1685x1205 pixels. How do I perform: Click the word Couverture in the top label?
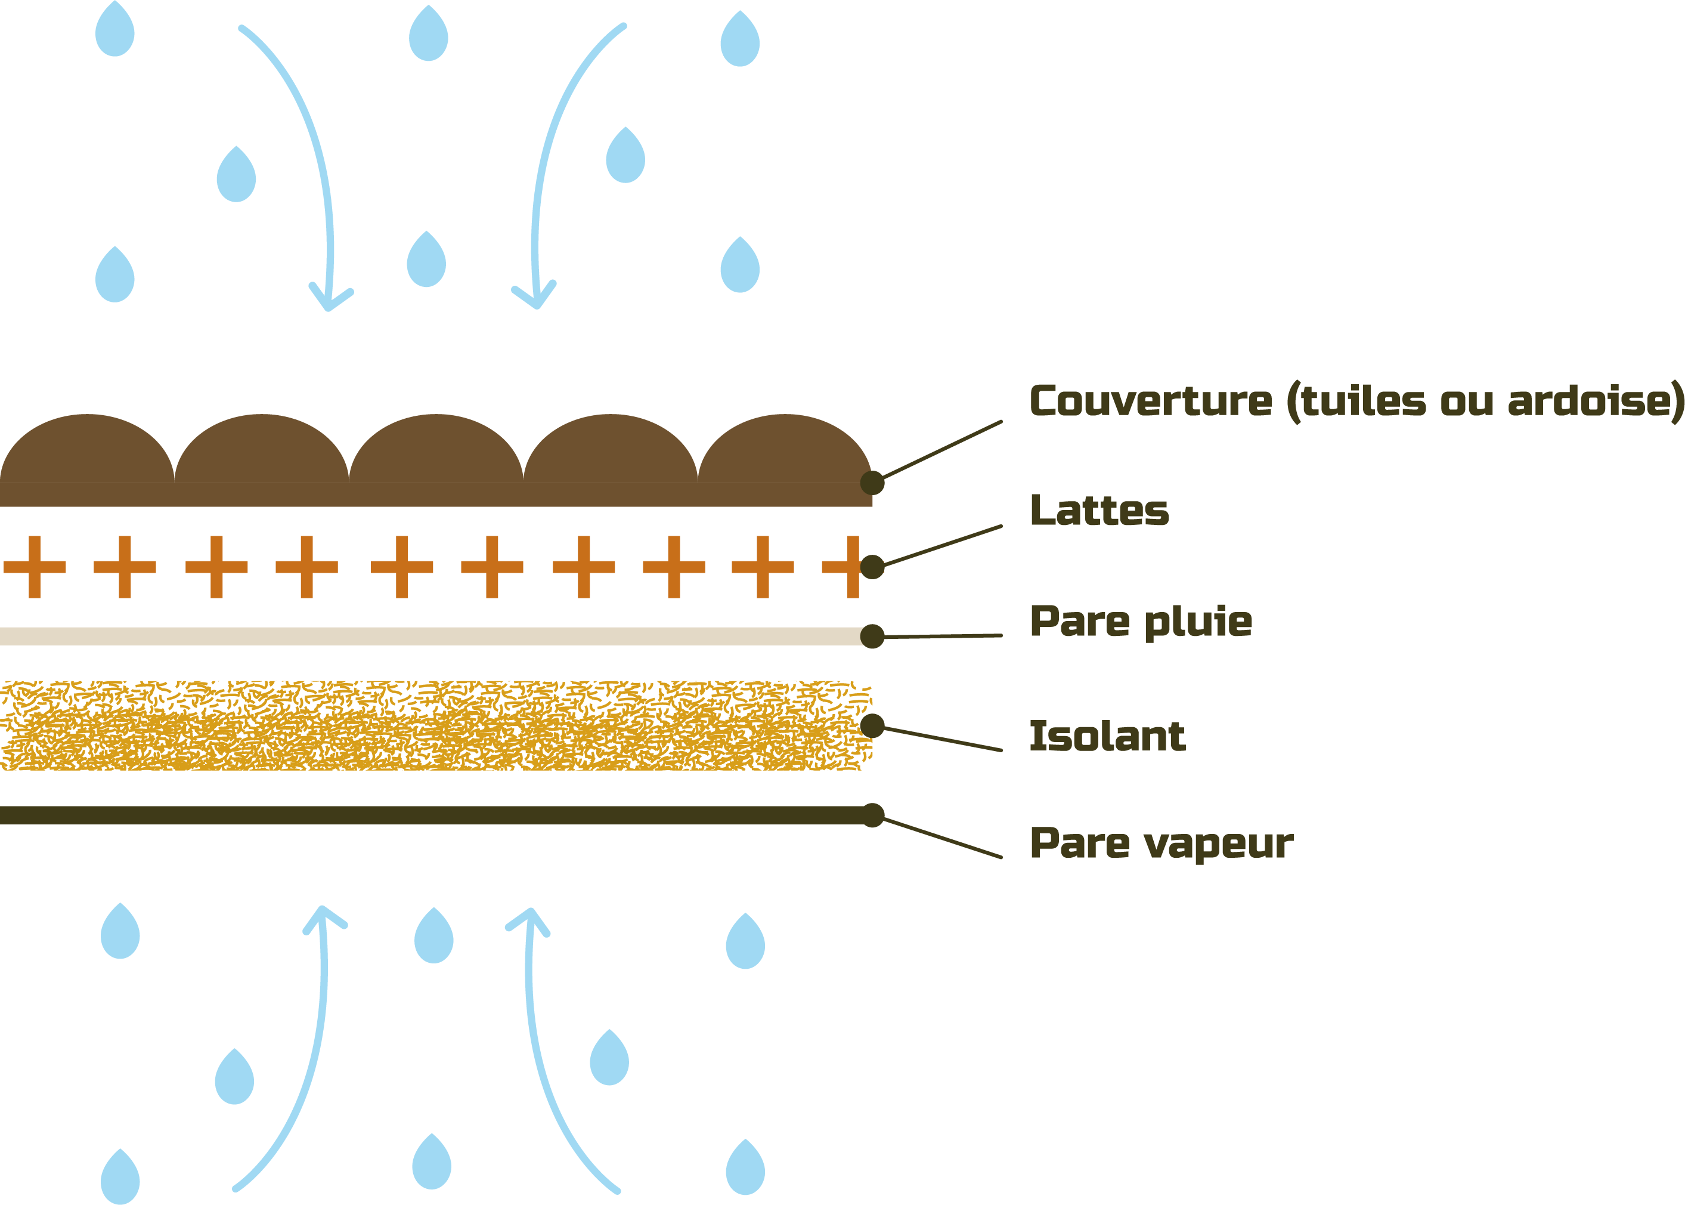[x=1150, y=401]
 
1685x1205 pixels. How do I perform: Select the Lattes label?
[x=1099, y=511]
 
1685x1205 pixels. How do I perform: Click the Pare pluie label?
[x=1141, y=622]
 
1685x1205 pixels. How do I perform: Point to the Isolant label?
[x=1107, y=736]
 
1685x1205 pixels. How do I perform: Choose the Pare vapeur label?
[x=1161, y=843]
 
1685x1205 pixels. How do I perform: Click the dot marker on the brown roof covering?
[x=872, y=482]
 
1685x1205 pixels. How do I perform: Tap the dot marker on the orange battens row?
[x=872, y=567]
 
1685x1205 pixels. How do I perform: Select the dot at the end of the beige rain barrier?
[x=872, y=636]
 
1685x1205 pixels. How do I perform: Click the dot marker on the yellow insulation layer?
[x=872, y=725]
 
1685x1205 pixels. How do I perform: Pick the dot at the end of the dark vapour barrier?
[x=873, y=815]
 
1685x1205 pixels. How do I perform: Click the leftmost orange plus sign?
[x=35, y=567]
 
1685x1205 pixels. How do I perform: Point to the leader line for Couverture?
[x=942, y=450]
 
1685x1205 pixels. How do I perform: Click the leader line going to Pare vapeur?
[x=942, y=838]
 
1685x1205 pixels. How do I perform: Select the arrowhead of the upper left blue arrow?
[x=329, y=301]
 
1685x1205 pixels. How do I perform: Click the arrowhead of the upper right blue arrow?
[x=535, y=298]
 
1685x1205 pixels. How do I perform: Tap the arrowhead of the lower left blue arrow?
[x=323, y=917]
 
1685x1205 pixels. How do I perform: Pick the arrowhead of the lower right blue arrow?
[x=529, y=919]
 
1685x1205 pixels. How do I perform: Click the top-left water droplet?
[x=115, y=31]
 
